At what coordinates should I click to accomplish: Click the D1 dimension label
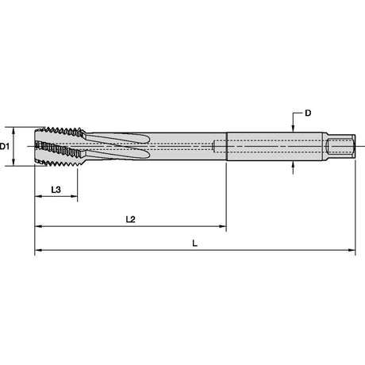[5, 146]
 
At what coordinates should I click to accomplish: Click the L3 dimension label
[56, 190]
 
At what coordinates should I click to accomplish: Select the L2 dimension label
[131, 219]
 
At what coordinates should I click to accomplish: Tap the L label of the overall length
[194, 243]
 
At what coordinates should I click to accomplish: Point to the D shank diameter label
[308, 113]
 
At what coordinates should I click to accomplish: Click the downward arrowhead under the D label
[293, 128]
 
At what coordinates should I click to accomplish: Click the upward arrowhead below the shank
[293, 164]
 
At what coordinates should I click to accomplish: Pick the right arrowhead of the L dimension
[352, 250]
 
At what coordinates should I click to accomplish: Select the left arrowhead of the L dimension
[39, 250]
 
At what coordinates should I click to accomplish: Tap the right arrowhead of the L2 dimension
[222, 226]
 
